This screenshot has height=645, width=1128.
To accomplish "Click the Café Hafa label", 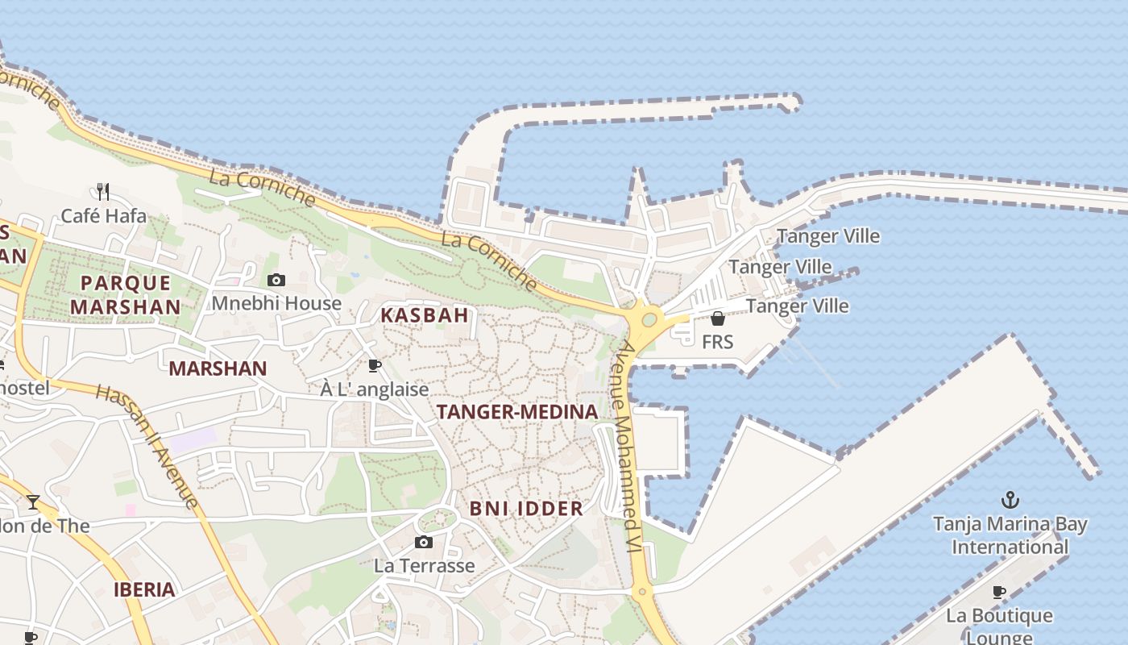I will coord(104,216).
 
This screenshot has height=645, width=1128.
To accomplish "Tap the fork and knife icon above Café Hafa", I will coord(102,192).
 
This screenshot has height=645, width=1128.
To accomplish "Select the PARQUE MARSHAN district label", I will coord(125,295).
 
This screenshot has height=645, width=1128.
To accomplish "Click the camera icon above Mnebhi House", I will coord(276,280).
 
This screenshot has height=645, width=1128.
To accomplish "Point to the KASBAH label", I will coord(425,315).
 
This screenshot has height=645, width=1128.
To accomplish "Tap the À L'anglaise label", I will coord(375,389).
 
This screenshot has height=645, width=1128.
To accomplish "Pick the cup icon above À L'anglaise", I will coord(375,365).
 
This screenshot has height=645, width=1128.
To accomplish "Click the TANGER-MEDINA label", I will coord(517,412).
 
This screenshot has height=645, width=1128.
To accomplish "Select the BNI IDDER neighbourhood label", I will coord(526,509).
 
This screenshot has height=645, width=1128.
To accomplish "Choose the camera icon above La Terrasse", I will coord(424,542).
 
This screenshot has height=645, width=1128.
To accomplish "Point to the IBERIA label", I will coord(144,589).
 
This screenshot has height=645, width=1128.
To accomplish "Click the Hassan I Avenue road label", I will coord(147,446).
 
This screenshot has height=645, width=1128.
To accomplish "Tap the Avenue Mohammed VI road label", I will coord(627,447).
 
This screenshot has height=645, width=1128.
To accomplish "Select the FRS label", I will coord(718,342).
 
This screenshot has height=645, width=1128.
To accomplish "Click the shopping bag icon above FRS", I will coord(718,318).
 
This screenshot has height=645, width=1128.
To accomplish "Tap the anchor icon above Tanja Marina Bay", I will coord(1010,500).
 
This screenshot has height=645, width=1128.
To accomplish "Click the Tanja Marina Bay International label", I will coord(1010,535).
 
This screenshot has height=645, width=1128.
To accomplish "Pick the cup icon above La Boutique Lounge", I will coord(999,593).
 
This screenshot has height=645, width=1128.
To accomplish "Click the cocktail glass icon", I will coord(33,502).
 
